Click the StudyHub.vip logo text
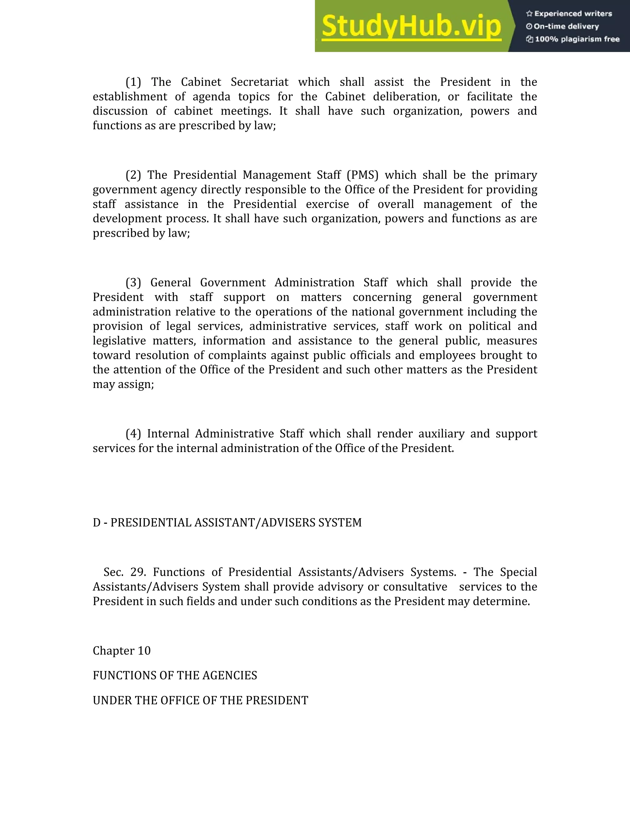pos(411,26)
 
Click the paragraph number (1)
pos(133,82)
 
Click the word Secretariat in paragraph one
pos(259,82)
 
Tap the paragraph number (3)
pos(133,282)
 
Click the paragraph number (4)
pos(133,434)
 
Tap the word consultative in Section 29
pos(415,587)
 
